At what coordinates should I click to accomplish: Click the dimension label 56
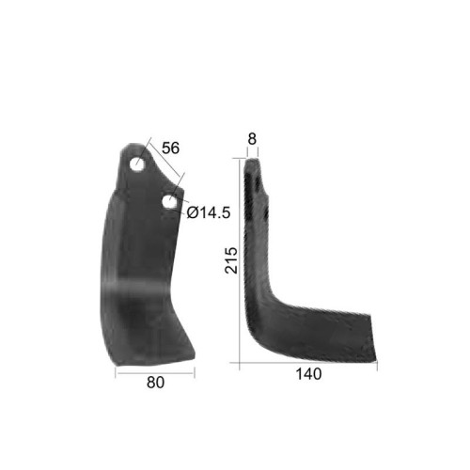[x=171, y=148]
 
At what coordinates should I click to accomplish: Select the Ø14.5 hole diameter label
[x=209, y=213]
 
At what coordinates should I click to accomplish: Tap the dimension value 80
[x=155, y=383]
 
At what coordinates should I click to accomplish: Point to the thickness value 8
[x=252, y=139]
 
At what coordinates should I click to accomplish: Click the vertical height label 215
[x=232, y=260]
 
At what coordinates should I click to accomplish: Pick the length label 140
[x=308, y=374]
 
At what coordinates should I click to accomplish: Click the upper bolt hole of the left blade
[x=137, y=164]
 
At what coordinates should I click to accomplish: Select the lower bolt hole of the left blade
[x=169, y=202]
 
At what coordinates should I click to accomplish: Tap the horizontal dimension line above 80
[x=155, y=373]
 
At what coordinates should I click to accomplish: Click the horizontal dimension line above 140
[x=308, y=363]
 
